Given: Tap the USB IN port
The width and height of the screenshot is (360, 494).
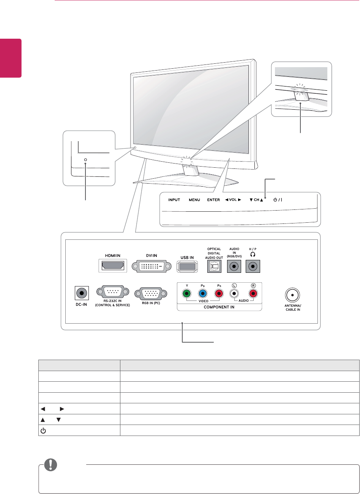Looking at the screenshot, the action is click(x=187, y=267).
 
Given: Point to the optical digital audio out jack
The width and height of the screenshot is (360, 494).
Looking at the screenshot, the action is click(x=214, y=267).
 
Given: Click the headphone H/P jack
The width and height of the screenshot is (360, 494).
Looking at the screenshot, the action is click(x=254, y=267).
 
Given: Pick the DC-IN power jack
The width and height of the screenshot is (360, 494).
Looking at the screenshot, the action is click(x=81, y=293).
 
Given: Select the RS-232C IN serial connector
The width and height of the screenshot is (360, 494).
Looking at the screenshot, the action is click(x=112, y=293).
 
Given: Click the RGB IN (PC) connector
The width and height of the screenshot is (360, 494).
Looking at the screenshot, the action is click(x=151, y=293).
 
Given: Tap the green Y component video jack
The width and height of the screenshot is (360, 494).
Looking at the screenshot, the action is click(x=187, y=293).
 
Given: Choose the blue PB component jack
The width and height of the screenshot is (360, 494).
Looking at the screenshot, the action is click(x=202, y=293).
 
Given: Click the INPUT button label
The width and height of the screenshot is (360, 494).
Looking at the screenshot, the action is click(x=174, y=200).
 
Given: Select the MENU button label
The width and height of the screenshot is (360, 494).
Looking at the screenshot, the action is click(x=194, y=200).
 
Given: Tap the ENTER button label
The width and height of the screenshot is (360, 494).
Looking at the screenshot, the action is click(x=213, y=200).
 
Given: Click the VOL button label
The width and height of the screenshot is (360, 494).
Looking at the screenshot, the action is click(x=233, y=200).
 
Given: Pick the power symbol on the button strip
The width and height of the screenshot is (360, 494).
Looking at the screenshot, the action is click(x=275, y=200).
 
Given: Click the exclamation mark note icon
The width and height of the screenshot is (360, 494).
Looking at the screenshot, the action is click(x=49, y=465).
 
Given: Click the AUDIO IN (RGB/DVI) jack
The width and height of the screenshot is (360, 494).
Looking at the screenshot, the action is click(x=234, y=267).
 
